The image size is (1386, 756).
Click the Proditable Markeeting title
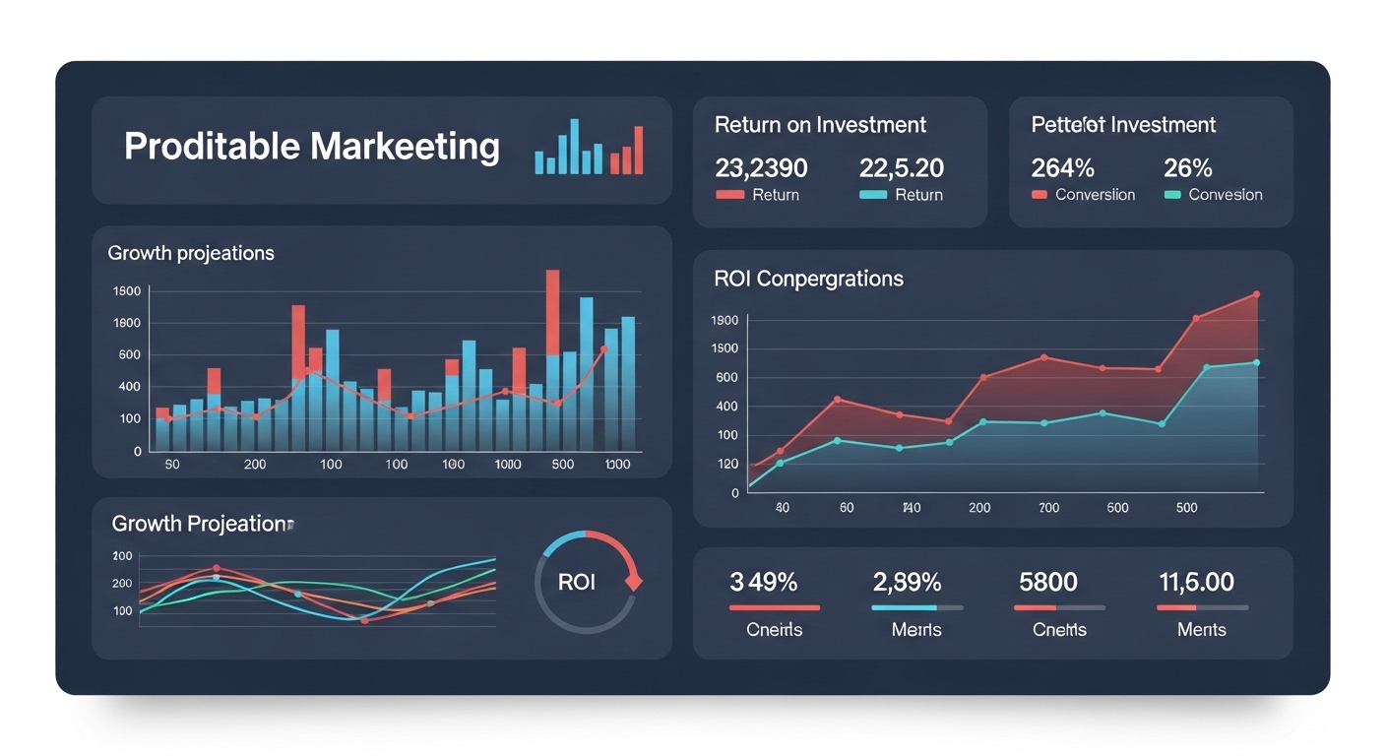click(311, 147)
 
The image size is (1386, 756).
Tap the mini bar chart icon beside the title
click(589, 148)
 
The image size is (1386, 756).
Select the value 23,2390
click(761, 166)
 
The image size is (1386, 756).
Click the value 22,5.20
click(902, 166)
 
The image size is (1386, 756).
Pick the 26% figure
click(1188, 166)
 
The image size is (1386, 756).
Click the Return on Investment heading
click(820, 125)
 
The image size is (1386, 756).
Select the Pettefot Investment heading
click(1123, 125)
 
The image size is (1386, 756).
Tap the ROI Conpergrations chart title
click(808, 279)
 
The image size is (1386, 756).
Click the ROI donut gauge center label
click(577, 582)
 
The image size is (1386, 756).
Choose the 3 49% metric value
click(764, 582)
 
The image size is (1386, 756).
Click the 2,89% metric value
click(907, 582)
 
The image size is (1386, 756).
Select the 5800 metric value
click(1048, 582)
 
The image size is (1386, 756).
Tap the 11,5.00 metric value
click(1196, 582)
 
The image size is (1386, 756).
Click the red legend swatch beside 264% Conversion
click(1039, 195)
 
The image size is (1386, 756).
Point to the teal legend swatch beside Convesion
click(1171, 195)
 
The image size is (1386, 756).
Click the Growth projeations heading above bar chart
click(191, 253)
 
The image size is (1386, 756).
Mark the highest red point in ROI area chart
click(1256, 294)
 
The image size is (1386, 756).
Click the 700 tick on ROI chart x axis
click(1049, 508)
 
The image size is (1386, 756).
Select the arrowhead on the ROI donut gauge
click(634, 581)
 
